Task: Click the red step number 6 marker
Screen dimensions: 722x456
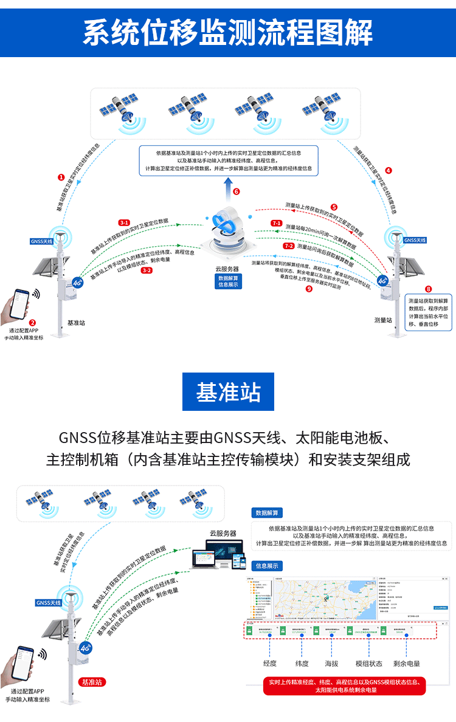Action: pos(237,191)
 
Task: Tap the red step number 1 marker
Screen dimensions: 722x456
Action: pos(61,177)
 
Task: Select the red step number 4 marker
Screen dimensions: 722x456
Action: pos(389,171)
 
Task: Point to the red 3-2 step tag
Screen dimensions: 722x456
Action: pos(147,270)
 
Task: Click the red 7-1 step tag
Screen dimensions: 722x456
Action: pos(277,224)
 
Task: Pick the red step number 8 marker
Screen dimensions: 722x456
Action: pos(429,289)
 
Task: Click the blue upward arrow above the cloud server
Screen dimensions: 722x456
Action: pos(227,185)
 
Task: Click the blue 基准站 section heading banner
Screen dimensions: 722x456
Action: pos(228,393)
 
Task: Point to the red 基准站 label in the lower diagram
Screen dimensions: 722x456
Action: pos(94,682)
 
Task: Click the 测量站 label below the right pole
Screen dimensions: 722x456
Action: pos(383,320)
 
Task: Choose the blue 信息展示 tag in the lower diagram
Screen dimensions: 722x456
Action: pos(266,566)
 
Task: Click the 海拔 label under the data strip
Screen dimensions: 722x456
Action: pos(331,664)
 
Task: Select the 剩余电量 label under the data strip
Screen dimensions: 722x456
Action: pos(407,664)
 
